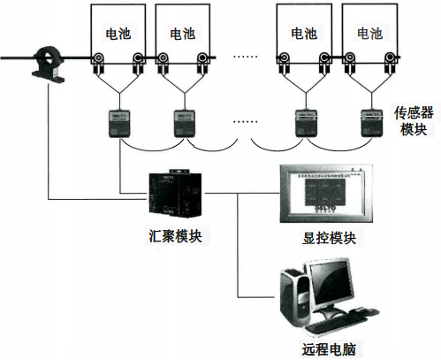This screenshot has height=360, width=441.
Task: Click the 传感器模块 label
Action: pyautogui.click(x=411, y=122)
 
